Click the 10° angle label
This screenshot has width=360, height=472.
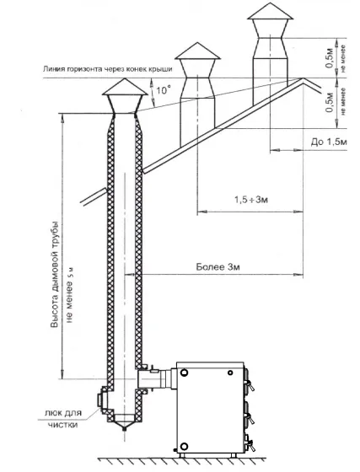click(164, 89)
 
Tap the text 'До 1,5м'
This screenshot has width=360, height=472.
click(329, 142)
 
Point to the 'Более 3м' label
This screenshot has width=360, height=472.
click(218, 267)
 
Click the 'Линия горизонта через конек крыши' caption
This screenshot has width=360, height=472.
click(108, 69)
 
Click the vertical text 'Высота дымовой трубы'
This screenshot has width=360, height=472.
click(54, 275)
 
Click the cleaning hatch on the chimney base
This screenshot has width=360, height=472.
click(100, 400)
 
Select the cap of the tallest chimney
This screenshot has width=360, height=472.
click(270, 12)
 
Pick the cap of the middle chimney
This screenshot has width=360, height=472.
click(198, 51)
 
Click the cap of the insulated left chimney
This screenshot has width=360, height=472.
click(125, 88)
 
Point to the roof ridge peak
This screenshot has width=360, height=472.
click(304, 79)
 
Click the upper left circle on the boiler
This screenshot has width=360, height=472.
click(183, 372)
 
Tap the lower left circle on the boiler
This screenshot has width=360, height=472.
click(184, 446)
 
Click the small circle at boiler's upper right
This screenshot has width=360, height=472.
click(230, 373)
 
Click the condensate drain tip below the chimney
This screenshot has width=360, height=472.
click(124, 428)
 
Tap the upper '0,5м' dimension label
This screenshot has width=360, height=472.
click(330, 58)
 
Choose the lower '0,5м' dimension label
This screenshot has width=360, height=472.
click(330, 103)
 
